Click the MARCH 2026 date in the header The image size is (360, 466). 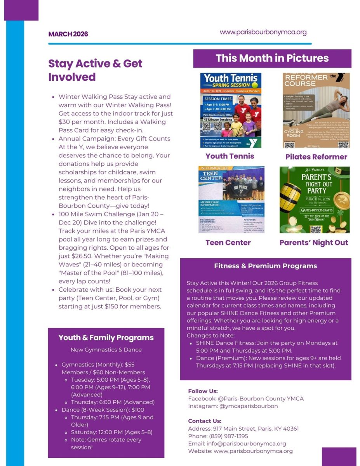(68, 34)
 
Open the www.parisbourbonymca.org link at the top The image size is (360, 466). (263, 32)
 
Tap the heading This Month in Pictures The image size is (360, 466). (272, 58)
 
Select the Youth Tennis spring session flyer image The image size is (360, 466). (231, 110)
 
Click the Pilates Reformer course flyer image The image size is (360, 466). (316, 110)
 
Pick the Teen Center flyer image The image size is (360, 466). (231, 200)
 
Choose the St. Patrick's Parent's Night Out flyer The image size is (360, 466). (314, 200)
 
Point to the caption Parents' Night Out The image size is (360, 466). (313, 243)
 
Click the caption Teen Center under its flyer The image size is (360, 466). (228, 243)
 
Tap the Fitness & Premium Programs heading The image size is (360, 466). (265, 266)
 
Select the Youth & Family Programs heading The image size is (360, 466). (106, 337)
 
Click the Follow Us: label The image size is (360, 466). (203, 391)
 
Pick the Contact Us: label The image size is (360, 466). (205, 421)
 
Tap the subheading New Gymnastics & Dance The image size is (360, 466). (106, 349)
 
